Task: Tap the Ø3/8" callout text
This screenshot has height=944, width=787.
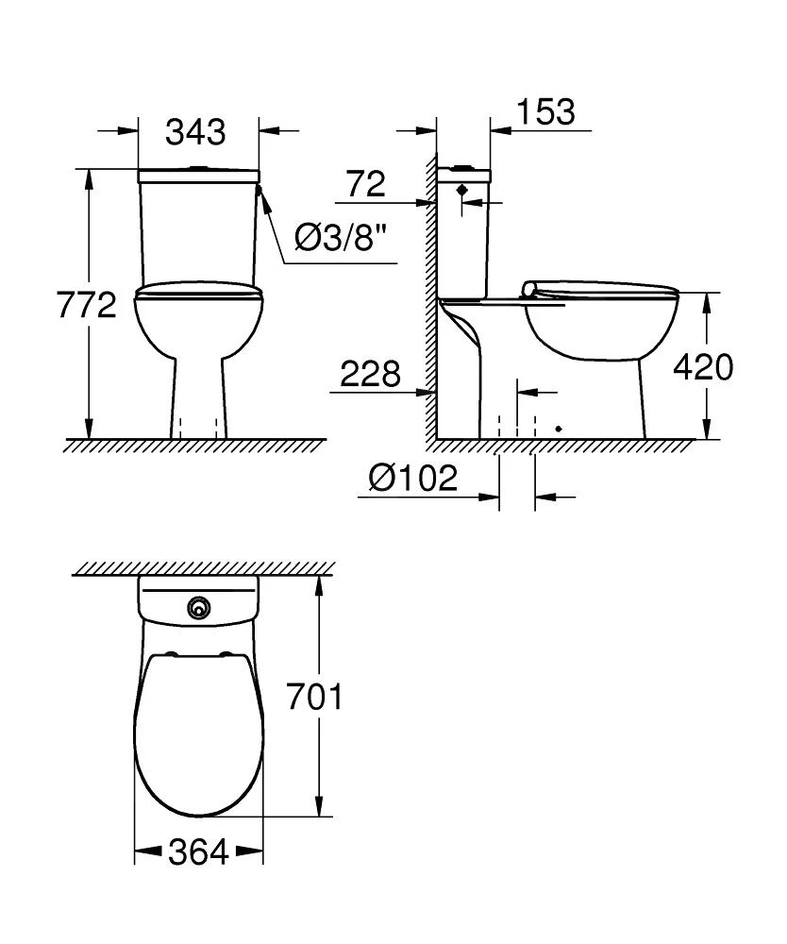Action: coord(341,239)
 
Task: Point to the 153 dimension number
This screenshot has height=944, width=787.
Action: coord(545,111)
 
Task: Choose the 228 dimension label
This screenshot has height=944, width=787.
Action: coord(370,374)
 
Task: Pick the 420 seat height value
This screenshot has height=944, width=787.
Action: coord(702,366)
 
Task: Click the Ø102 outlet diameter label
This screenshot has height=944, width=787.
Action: coord(413,479)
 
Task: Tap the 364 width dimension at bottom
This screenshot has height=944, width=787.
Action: coord(198,853)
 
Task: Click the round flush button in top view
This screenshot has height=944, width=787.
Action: coord(198,608)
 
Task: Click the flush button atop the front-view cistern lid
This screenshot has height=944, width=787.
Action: coord(197,169)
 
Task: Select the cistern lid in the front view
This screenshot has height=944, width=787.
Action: coord(198,176)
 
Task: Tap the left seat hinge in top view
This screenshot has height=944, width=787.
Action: coord(170,654)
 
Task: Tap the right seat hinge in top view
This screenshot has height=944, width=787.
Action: coord(226,654)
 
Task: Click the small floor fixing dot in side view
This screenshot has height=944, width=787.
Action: coord(559,429)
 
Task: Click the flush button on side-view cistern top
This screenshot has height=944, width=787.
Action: coord(462,167)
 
